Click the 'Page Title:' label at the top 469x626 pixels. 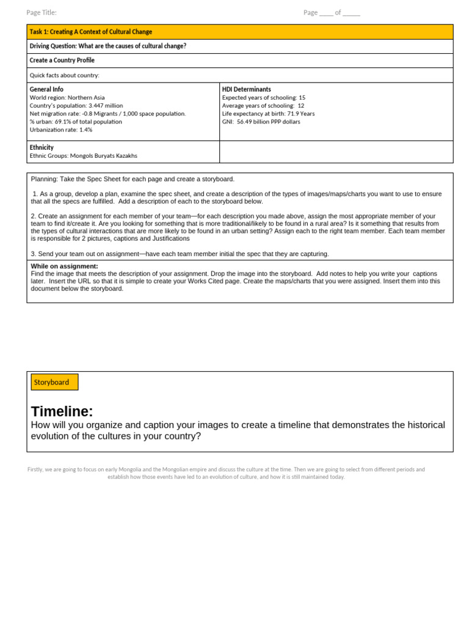pos(42,13)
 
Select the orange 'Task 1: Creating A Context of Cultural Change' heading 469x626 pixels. pos(91,32)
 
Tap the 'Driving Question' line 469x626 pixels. pos(108,46)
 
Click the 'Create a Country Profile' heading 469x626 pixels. pos(62,61)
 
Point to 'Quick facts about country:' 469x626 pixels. pos(64,75)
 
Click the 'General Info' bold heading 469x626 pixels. pos(46,89)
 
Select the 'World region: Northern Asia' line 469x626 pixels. pos(67,97)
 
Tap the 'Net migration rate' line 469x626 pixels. pos(107,113)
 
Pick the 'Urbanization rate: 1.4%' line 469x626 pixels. pos(61,130)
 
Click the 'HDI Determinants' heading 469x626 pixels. pos(247,89)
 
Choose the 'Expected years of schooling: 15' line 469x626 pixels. pos(264,97)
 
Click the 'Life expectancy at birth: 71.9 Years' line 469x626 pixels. pos(268,113)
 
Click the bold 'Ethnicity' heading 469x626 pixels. pos(42,147)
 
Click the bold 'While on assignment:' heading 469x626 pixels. pos(64,266)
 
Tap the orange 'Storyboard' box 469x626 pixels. pos(54,382)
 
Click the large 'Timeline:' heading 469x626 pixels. pos(62,411)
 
